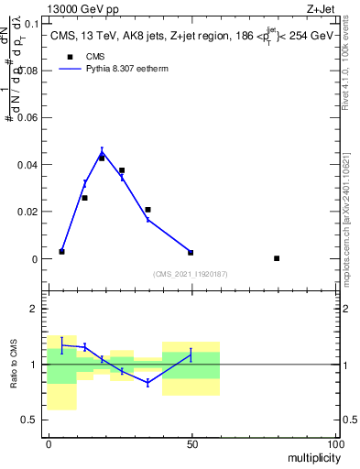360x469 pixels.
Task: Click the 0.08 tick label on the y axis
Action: coord(30,71)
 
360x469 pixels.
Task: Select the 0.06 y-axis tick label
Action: coord(30,118)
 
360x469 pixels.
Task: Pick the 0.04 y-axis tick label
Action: coord(30,165)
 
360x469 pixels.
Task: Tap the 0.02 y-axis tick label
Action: coord(30,213)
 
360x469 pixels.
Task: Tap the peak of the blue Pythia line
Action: coord(102,152)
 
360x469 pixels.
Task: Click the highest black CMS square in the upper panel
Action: coord(102,158)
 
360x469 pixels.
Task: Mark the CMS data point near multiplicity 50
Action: coord(191,252)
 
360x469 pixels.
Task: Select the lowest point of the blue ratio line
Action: coord(147,383)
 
